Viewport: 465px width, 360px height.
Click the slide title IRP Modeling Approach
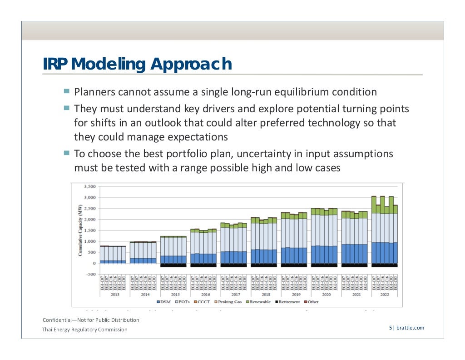pos(137,64)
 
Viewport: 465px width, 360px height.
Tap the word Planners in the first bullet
pos(94,92)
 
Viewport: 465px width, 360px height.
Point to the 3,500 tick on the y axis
pos(89,187)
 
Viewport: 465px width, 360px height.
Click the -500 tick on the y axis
pos(90,274)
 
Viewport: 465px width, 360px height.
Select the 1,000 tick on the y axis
pos(89,241)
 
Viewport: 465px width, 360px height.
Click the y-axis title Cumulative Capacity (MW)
pos(80,230)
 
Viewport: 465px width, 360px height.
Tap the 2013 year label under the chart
pos(115,294)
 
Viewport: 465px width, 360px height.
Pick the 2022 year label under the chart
pos(384,294)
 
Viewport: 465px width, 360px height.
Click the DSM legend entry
pos(163,302)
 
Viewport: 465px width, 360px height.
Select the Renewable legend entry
pos(258,302)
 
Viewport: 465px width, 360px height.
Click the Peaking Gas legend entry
pos(228,302)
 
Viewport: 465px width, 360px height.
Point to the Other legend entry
pos(312,302)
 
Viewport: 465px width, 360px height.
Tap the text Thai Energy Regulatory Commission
pos(85,330)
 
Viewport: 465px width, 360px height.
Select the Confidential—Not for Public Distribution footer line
pos(91,320)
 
